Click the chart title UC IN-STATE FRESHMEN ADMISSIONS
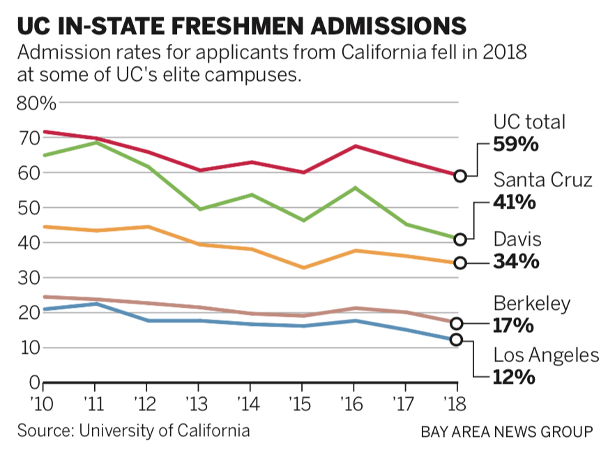241,26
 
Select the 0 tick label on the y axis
32,382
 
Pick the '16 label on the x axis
354,403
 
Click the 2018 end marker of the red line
459,176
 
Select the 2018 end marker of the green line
459,239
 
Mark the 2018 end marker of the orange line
459,263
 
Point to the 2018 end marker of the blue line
457,339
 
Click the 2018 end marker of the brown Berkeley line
457,323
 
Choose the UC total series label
529,122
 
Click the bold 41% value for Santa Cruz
516,202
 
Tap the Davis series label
517,240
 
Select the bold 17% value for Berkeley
514,325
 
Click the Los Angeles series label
546,355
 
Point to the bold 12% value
514,378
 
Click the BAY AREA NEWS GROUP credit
507,431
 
